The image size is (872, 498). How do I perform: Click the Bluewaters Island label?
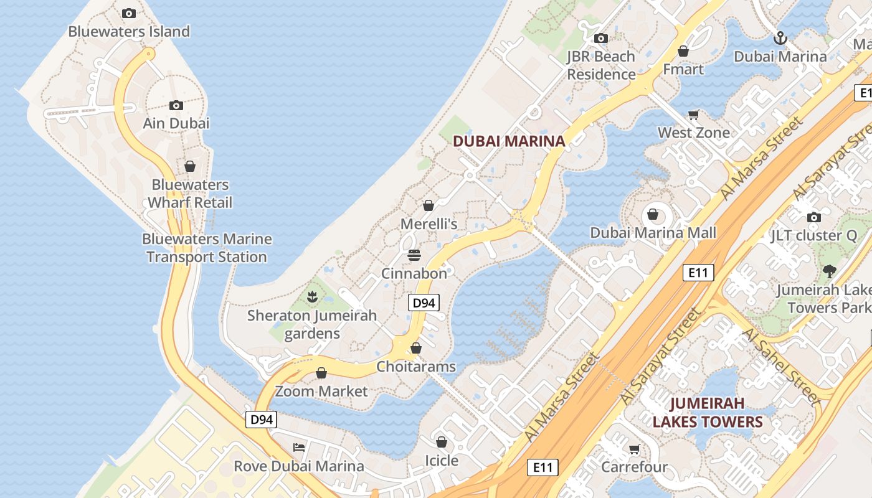129,31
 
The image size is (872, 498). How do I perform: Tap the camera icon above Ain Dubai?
176,105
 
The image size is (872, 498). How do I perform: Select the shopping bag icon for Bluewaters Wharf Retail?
190,166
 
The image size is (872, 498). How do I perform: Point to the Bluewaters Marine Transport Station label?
207,248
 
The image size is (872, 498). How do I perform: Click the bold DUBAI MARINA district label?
509,141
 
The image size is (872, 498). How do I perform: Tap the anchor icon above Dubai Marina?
780,39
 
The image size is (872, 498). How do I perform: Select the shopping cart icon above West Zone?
694,115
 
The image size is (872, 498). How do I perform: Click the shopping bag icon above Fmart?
683,51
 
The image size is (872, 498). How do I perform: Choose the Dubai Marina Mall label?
653,233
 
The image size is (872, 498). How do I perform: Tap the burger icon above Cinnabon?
414,255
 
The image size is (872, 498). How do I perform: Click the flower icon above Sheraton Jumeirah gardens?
312,297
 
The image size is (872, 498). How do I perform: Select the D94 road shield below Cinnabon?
424,303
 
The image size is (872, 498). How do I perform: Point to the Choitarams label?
416,367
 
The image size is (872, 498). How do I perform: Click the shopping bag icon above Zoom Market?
321,373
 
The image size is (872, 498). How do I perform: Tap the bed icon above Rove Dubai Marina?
299,447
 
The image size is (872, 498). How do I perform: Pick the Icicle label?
442,461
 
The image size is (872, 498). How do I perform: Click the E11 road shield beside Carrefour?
543,467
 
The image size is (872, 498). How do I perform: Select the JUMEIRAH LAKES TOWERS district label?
707,413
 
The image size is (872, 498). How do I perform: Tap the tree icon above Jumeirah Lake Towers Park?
829,271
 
